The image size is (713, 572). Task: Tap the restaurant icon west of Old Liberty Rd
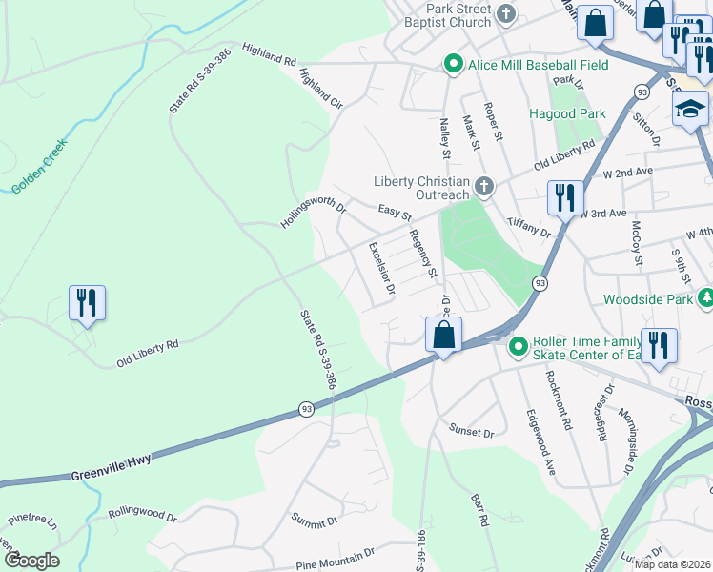point(87,303)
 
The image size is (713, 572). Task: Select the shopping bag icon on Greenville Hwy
point(443,335)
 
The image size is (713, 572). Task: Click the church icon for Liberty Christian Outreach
point(484,185)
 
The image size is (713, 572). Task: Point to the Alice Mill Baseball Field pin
point(453,66)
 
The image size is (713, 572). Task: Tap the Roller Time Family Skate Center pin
point(519,345)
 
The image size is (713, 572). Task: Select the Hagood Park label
point(567,113)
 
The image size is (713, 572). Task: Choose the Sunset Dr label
point(472,432)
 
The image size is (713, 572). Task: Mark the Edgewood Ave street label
point(540,441)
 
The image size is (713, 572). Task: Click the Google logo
point(32,560)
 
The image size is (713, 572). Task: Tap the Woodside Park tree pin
point(705,298)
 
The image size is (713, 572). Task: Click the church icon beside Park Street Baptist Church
point(505,14)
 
